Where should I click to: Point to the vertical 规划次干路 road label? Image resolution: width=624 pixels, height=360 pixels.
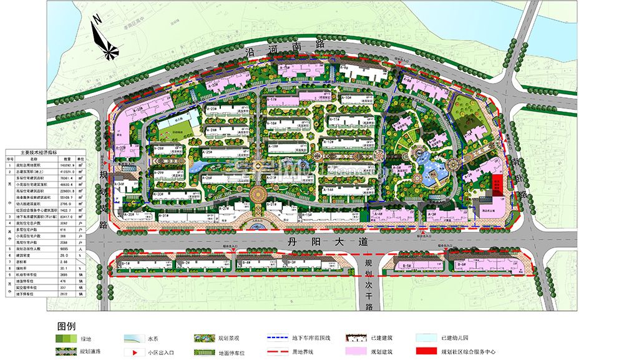coord(369,284)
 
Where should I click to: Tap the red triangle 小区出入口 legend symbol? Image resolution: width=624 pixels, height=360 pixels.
coord(134,352)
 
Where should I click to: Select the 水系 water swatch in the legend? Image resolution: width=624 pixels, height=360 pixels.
coord(134,339)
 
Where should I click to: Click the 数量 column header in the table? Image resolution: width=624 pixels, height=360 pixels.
coord(66,158)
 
